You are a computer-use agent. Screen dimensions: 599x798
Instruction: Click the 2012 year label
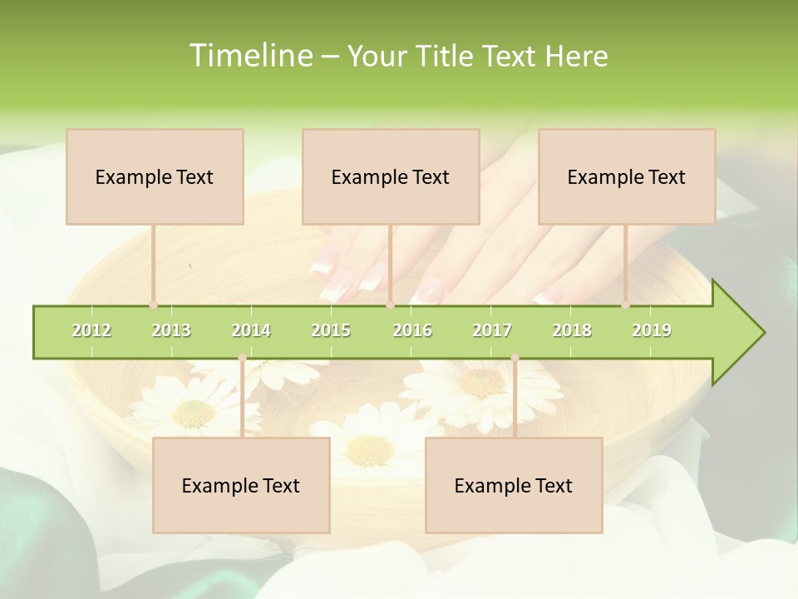coord(91,330)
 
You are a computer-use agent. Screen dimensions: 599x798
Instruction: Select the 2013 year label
coord(171,330)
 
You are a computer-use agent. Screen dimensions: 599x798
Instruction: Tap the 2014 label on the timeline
coord(251,330)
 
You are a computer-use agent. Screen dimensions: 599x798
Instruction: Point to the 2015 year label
coord(331,330)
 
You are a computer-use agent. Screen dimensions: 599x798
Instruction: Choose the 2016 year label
coord(412,330)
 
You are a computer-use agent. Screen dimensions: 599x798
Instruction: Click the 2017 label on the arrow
coord(492,330)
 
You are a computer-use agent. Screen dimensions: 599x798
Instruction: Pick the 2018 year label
coord(572,330)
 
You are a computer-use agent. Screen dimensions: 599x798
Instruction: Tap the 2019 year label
coord(652,330)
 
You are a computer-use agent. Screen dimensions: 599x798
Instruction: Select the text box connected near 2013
coord(155,176)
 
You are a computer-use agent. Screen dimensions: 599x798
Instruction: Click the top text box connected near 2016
coord(391,176)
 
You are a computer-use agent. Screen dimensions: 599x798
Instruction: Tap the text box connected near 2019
coord(627,176)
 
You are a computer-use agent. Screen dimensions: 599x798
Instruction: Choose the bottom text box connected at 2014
coord(241,485)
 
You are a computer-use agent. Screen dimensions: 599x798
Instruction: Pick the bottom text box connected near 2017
coord(514,485)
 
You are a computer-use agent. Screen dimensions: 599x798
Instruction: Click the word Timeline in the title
coord(249,56)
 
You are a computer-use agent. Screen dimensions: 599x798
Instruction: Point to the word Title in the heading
coord(447,56)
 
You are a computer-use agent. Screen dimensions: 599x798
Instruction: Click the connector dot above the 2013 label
coord(153,305)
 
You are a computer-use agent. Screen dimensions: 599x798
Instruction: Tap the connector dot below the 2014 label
coord(242,358)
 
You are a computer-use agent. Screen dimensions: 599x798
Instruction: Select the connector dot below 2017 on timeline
coord(515,358)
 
